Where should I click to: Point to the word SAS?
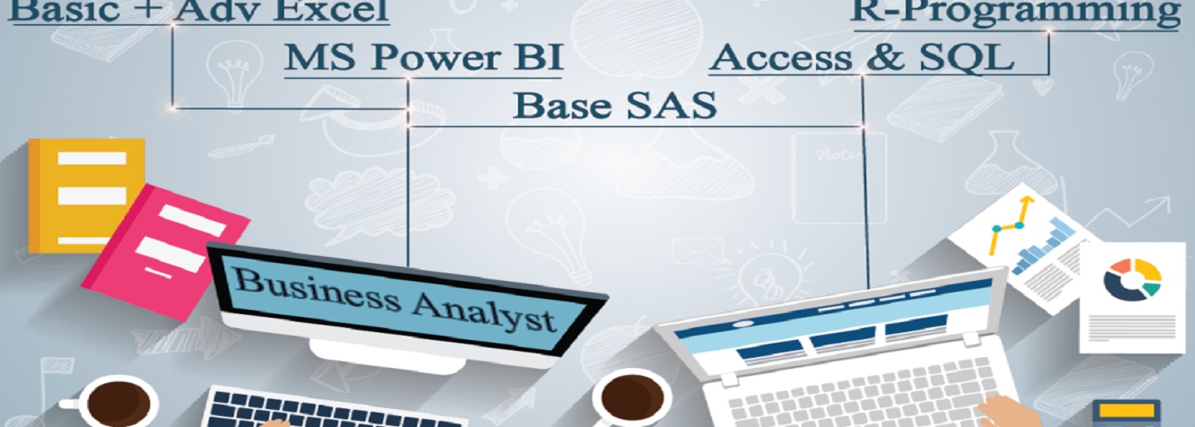coord(672,104)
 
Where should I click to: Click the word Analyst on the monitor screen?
coord(483,312)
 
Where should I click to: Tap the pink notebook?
coord(166,252)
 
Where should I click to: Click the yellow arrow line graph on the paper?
coord(1011,225)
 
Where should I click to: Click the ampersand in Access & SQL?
coord(885,57)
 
